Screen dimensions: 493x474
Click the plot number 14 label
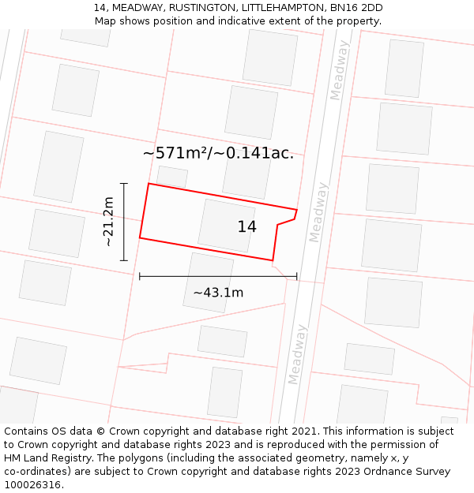point(246,227)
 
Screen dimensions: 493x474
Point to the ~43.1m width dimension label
point(218,293)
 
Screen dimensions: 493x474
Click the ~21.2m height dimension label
point(109,222)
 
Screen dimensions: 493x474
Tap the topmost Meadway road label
point(339,71)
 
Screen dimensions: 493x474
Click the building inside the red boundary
point(226,225)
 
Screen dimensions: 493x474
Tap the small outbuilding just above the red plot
point(172,176)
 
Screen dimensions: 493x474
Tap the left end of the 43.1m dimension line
point(140,276)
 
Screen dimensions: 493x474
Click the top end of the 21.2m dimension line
point(124,184)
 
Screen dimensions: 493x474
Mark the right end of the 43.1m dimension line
point(296,276)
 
